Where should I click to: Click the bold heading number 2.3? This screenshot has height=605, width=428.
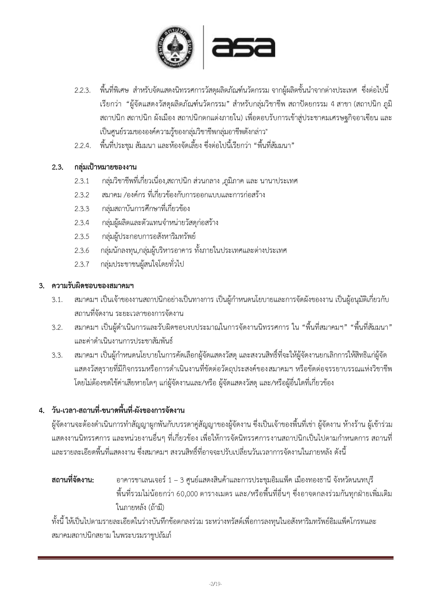click(x=57, y=167)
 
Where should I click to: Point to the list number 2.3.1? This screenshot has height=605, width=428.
click(x=82, y=181)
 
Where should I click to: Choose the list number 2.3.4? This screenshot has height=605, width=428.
click(x=82, y=223)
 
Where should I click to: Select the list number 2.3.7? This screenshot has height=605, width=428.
click(x=82, y=264)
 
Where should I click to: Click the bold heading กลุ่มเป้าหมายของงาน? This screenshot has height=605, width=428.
click(x=105, y=167)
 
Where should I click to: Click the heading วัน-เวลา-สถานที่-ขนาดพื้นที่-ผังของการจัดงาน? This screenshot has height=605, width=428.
click(x=118, y=410)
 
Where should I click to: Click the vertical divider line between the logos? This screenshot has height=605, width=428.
click(x=203, y=47)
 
